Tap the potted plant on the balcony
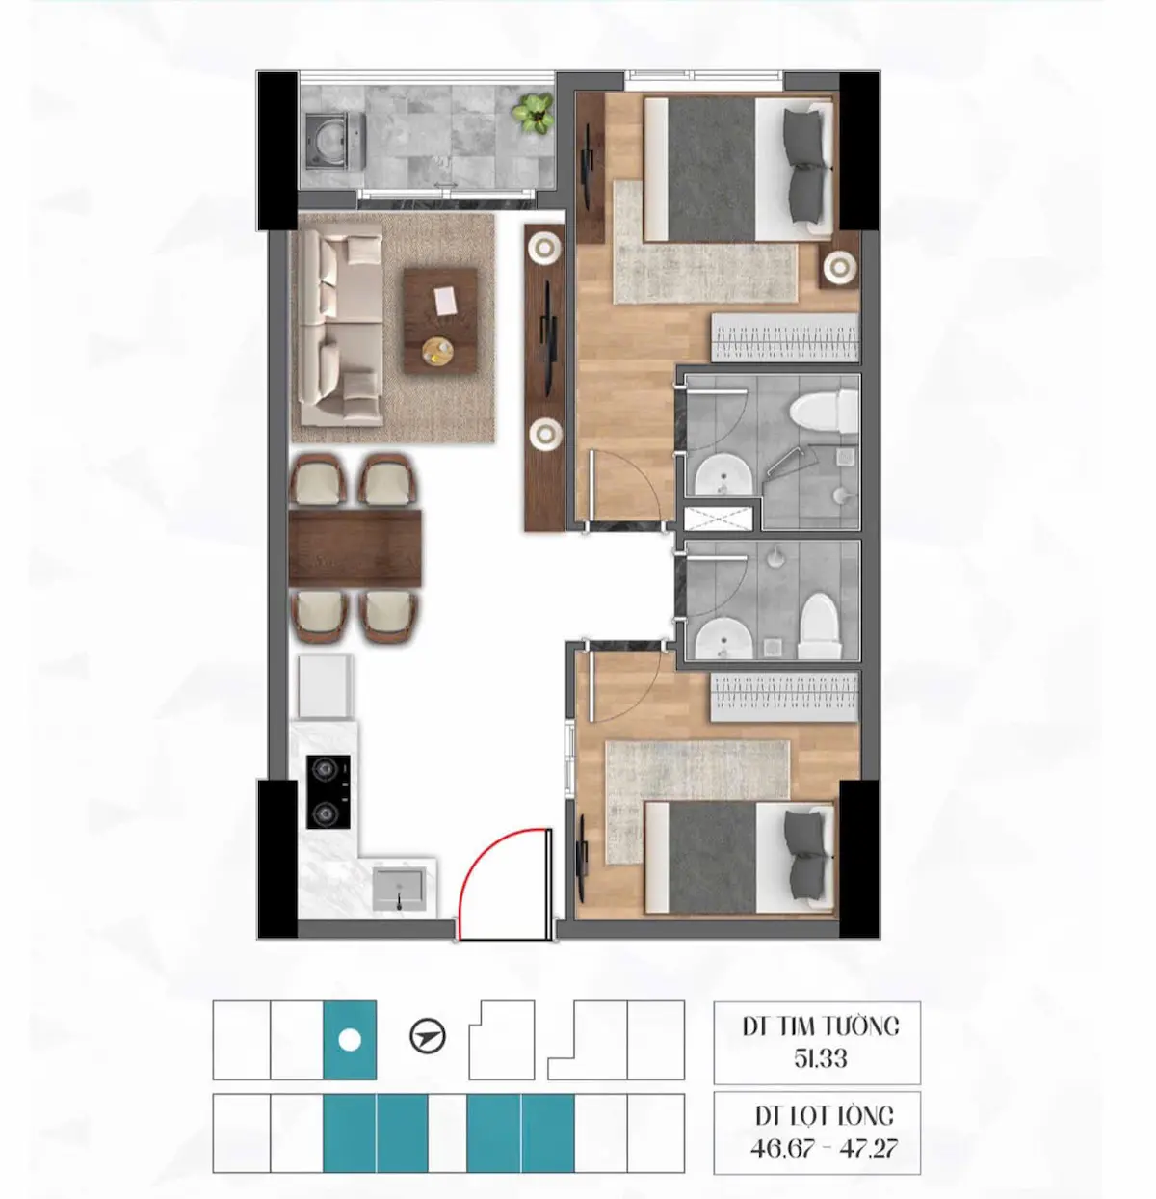pyautogui.click(x=533, y=113)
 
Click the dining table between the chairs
pyautogui.click(x=355, y=547)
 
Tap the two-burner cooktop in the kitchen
pyautogui.click(x=328, y=792)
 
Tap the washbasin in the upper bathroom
pyautogui.click(x=722, y=476)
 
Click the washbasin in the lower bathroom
pyautogui.click(x=722, y=638)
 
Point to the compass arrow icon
pyautogui.click(x=427, y=1038)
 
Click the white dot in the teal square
pyautogui.click(x=350, y=1041)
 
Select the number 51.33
pyautogui.click(x=820, y=1058)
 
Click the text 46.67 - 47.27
pyautogui.click(x=824, y=1148)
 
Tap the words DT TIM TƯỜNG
pyautogui.click(x=820, y=1026)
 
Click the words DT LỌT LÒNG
pyautogui.click(x=824, y=1116)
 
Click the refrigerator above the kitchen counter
pyautogui.click(x=324, y=685)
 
